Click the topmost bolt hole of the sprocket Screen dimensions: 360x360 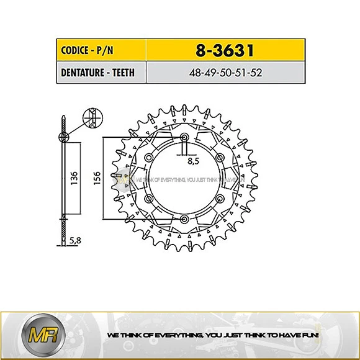pos(184,137)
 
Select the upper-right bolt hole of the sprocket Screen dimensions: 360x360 pos(220,158)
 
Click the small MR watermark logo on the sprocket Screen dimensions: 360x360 pos(124,179)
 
